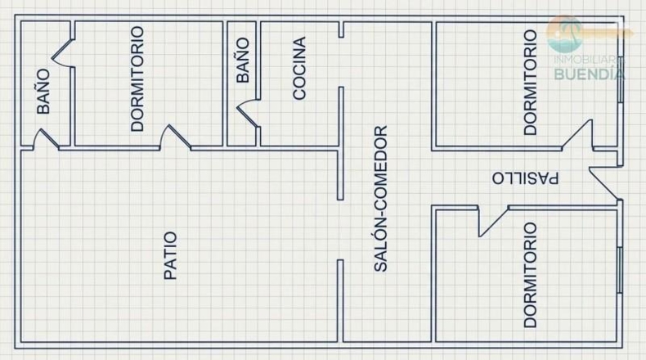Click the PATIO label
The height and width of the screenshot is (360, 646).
click(x=170, y=255)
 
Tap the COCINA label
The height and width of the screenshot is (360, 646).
click(x=299, y=68)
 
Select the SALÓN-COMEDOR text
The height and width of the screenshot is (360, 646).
click(x=380, y=199)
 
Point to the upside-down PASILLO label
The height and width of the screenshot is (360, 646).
click(x=525, y=178)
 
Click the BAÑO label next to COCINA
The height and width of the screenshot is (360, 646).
click(x=243, y=61)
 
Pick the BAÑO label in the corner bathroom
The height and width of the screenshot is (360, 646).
click(x=43, y=91)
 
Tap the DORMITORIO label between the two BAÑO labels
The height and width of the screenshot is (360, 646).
click(x=137, y=79)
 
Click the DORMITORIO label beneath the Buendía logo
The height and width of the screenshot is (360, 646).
click(x=530, y=83)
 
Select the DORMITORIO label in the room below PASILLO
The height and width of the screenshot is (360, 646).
click(x=530, y=275)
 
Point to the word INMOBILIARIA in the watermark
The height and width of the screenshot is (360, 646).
click(x=589, y=60)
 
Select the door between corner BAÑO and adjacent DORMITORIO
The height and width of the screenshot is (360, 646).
click(x=63, y=53)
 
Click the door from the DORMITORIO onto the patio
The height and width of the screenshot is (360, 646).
click(x=176, y=137)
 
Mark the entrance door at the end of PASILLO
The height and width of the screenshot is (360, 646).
click(x=604, y=182)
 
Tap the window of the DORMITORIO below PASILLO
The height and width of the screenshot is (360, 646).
click(x=620, y=270)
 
